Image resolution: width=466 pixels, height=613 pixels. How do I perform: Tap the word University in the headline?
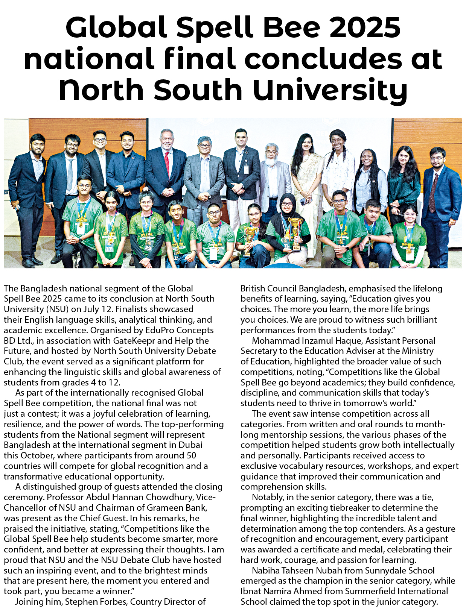(x=329, y=90)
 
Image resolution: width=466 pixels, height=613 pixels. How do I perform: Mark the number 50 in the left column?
(x=192, y=455)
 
